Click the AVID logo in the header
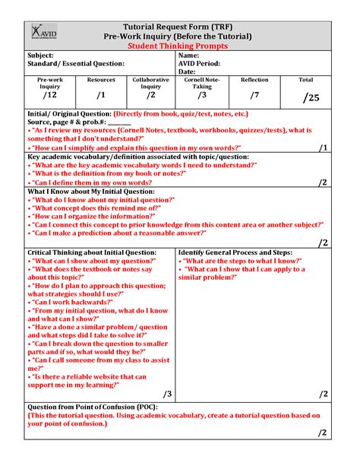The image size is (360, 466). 43,33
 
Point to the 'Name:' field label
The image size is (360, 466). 189,55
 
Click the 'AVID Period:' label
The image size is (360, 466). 200,64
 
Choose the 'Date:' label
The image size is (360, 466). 188,72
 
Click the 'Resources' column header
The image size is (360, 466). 101,79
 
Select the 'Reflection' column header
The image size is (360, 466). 254,79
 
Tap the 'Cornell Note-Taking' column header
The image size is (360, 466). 202,83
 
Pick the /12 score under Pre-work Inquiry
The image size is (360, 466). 49,96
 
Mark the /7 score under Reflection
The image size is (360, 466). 254,95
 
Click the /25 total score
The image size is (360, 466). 310,97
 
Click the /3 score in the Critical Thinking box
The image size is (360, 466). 167,393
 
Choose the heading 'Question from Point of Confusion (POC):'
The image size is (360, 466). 88,407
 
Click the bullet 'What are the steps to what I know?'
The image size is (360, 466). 243,260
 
